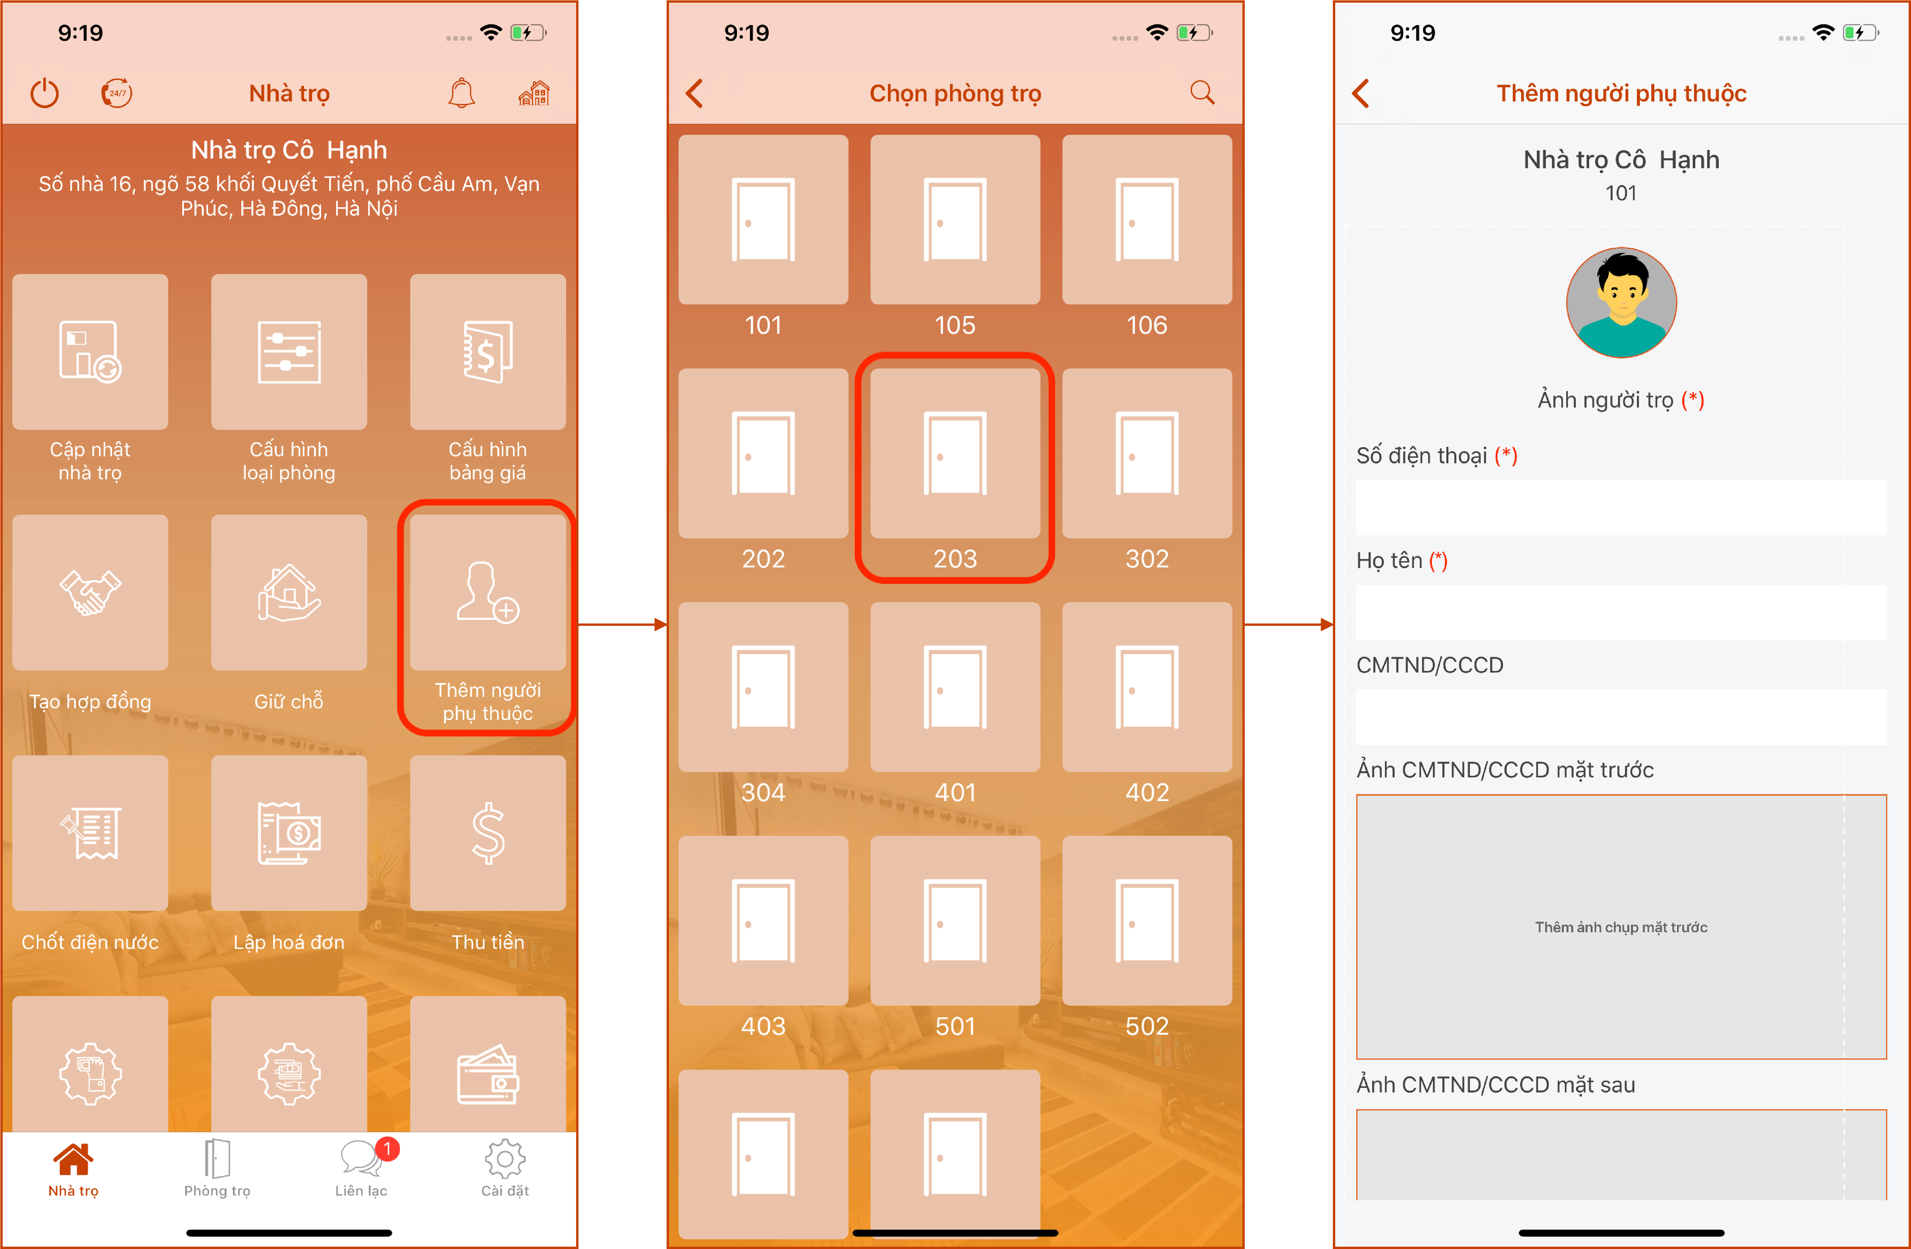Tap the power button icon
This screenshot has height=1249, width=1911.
tap(45, 93)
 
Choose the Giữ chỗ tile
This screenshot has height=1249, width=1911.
tap(289, 592)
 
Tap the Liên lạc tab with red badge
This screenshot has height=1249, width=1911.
tap(361, 1168)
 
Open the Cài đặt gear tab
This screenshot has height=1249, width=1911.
tap(505, 1168)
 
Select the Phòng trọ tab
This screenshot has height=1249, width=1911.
tap(217, 1168)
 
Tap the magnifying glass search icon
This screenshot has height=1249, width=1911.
tap(1202, 93)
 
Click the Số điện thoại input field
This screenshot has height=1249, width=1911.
tap(1621, 507)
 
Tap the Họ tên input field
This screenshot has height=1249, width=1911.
tap(1621, 612)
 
